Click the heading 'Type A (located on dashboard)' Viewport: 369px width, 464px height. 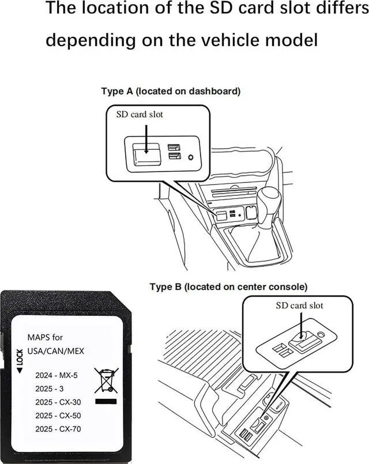[171, 91]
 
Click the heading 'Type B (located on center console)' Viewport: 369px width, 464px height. [228, 286]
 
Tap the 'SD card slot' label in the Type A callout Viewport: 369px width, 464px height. [140, 114]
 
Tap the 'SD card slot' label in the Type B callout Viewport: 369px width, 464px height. [299, 305]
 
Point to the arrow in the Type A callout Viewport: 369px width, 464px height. [146, 139]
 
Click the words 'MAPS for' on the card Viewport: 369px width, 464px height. [46, 337]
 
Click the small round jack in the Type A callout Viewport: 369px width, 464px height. [190, 157]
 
